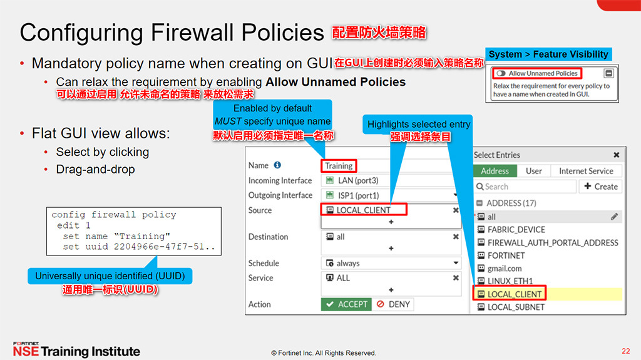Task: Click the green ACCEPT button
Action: tap(346, 304)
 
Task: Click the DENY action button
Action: tap(393, 304)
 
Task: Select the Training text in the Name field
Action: tap(339, 166)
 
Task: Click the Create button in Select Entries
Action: tap(600, 187)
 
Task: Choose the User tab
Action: tap(533, 171)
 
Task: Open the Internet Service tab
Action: tap(586, 171)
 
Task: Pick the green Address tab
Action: tap(495, 171)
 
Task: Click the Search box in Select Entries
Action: tap(525, 187)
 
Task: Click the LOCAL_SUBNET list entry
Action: tap(515, 307)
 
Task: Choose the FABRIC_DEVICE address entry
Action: tap(516, 230)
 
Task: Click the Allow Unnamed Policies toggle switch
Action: tap(500, 73)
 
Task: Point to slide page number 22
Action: tap(625, 351)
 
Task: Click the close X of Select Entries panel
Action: tap(617, 155)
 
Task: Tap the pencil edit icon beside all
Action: tap(615, 217)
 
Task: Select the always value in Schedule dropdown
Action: tap(347, 264)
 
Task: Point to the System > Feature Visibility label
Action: tap(548, 54)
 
